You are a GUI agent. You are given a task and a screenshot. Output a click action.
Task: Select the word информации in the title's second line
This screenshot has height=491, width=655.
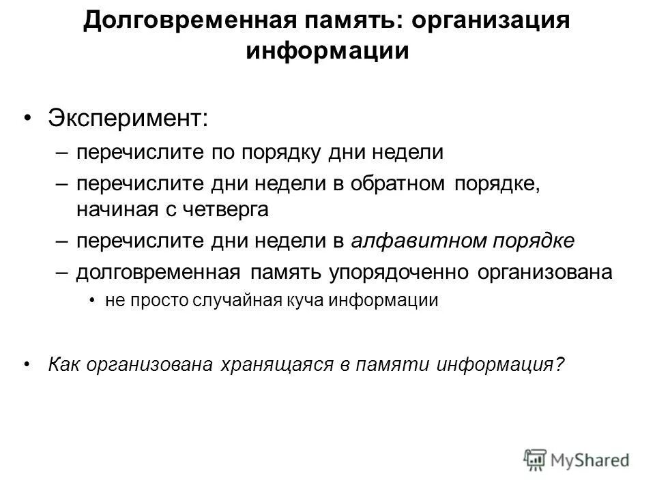327,52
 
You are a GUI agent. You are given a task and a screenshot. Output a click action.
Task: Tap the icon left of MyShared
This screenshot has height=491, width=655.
535,459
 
